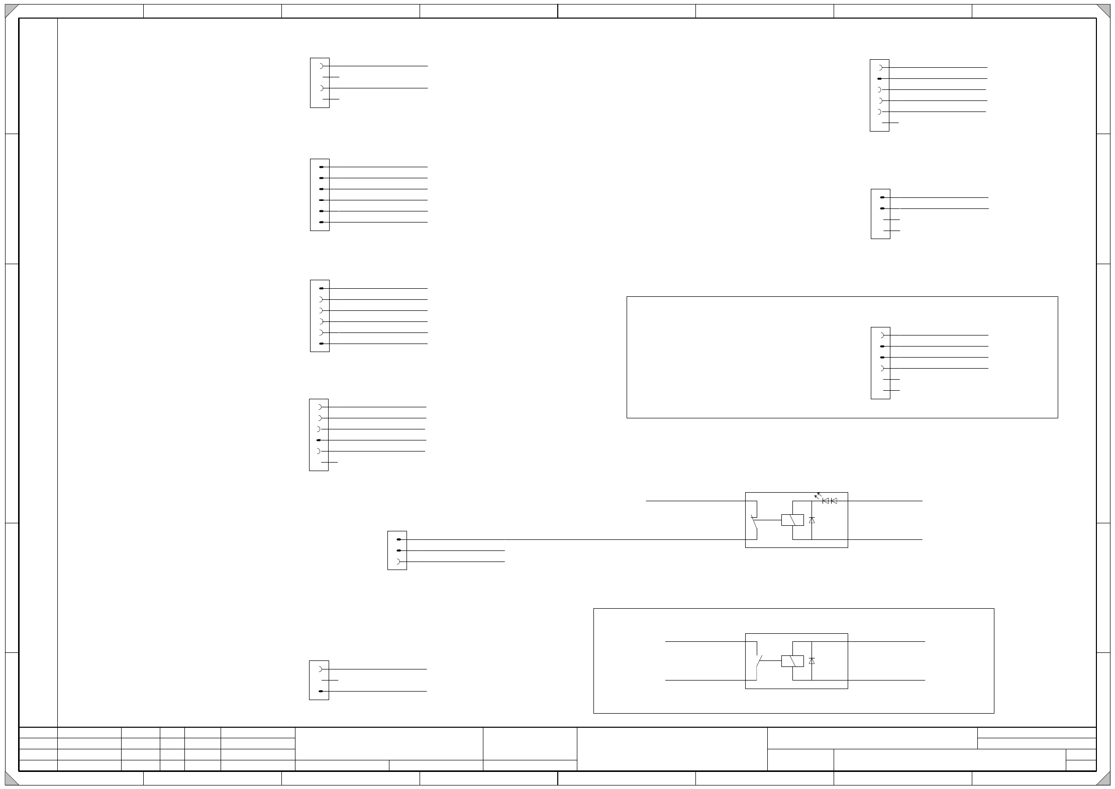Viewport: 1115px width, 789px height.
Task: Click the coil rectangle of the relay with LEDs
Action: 792,520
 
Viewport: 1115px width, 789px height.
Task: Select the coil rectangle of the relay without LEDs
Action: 792,661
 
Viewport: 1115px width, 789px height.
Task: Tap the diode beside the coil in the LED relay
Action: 812,520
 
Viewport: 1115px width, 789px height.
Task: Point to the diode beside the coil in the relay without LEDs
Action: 812,661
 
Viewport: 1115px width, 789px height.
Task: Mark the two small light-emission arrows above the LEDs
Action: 817,495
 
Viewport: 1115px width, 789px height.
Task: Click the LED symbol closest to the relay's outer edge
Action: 834,501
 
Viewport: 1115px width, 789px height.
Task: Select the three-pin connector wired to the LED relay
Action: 397,550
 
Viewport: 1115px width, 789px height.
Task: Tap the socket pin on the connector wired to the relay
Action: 399,561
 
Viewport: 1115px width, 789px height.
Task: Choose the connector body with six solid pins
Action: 320,195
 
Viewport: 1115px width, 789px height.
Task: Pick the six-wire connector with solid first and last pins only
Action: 320,316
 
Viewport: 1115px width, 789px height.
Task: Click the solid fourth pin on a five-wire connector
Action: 319,440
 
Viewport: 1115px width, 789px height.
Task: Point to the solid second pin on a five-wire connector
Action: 879,79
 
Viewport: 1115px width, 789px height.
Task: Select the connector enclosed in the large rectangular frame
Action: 880,363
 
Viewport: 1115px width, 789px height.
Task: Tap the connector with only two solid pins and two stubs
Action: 880,214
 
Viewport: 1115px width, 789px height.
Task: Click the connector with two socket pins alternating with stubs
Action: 320,83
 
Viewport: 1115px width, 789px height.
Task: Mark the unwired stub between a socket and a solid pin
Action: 330,680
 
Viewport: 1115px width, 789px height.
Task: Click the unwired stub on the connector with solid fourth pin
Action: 329,462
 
